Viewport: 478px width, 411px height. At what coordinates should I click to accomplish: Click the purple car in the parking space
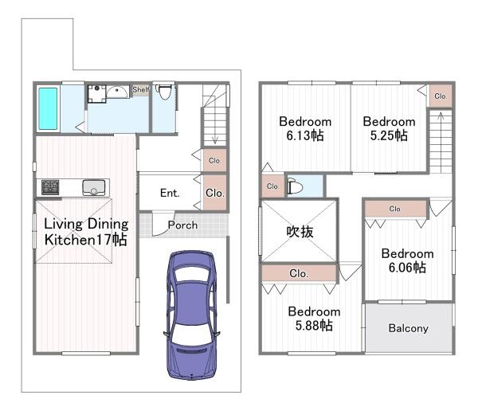(191, 315)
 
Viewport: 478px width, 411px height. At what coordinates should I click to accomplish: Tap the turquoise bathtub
(48, 109)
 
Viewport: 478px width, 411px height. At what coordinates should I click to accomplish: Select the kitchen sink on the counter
(94, 187)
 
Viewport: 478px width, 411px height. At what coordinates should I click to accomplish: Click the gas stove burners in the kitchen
(50, 187)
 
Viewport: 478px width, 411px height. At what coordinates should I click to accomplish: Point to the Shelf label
(141, 90)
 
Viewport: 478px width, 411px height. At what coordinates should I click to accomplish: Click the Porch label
(182, 225)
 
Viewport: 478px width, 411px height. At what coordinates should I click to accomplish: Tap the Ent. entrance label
(170, 193)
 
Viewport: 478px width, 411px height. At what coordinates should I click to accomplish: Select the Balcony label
(409, 328)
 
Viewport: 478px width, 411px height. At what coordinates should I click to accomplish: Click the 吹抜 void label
(300, 232)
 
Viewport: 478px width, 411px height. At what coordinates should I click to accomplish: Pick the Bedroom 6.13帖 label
(305, 128)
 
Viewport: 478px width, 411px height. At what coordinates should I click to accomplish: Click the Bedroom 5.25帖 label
(389, 128)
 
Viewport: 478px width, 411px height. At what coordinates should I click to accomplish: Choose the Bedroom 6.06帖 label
(407, 260)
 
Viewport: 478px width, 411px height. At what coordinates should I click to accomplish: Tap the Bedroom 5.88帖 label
(314, 319)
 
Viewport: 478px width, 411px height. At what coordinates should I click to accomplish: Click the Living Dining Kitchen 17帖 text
(86, 232)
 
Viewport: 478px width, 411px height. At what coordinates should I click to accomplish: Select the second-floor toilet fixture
(295, 186)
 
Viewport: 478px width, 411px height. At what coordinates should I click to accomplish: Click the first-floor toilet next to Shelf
(163, 92)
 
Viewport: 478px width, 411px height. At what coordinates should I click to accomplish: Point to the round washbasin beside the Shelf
(118, 91)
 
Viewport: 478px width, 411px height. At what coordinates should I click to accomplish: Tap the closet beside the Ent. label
(215, 193)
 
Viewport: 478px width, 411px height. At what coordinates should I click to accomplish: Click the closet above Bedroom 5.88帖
(299, 273)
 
